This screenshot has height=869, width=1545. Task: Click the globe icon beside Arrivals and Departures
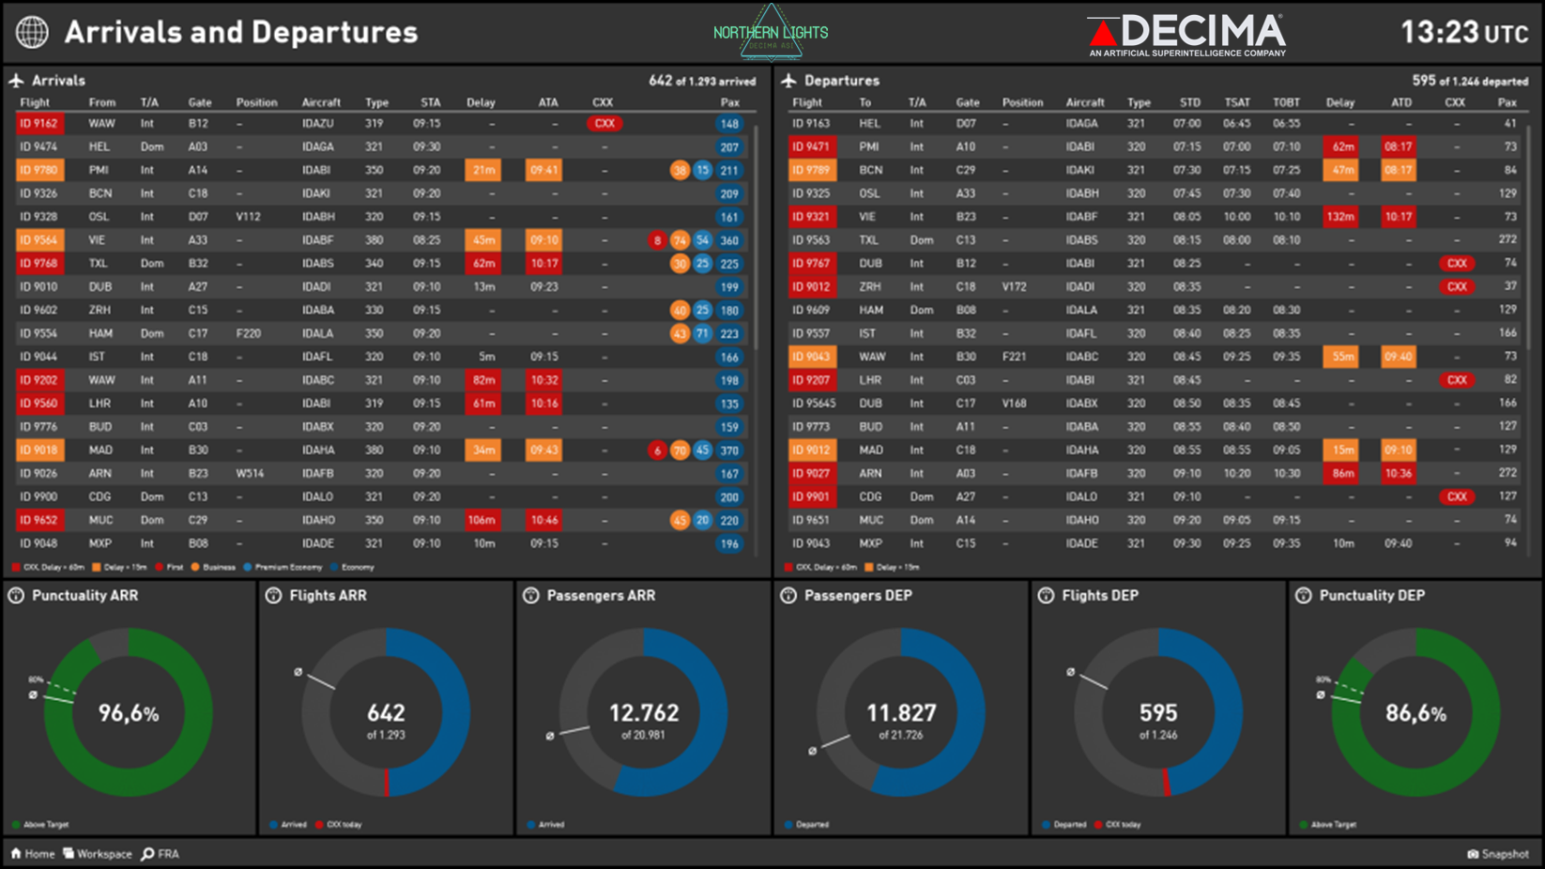coord(32,32)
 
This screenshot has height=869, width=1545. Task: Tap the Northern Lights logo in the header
coord(771,33)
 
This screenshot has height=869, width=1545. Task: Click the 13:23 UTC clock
coord(1463,33)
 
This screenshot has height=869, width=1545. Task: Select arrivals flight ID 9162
coord(38,124)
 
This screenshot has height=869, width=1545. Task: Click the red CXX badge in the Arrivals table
coord(604,124)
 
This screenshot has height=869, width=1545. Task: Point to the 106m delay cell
coord(482,520)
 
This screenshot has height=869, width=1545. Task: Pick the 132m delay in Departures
coord(1340,217)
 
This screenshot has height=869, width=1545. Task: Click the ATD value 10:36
coord(1399,474)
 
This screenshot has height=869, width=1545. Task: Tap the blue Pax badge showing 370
coord(729,450)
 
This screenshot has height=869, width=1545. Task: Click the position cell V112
coord(249,217)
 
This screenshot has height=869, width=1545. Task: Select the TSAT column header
coord(1236,102)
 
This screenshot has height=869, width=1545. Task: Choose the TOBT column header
coord(1286,102)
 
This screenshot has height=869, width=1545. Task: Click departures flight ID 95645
coord(813,404)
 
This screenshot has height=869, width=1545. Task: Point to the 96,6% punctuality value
coord(129,713)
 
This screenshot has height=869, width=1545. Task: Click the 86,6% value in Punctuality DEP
coord(1415,713)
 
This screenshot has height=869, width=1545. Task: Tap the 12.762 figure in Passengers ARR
coord(643,713)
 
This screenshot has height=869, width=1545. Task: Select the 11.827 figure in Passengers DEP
coord(900,713)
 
